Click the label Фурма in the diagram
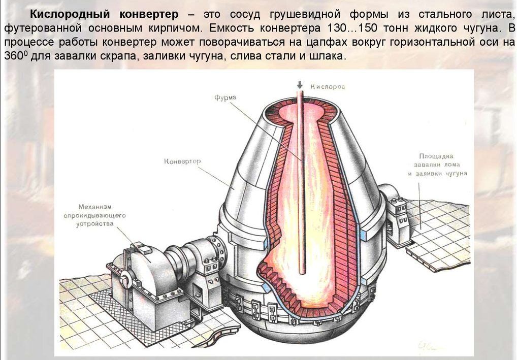(x=225, y=98)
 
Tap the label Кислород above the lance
(x=328, y=87)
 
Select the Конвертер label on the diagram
(x=182, y=161)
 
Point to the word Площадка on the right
(x=436, y=156)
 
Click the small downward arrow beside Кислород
(x=300, y=85)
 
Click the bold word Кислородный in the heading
(x=70, y=14)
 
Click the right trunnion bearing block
(x=397, y=218)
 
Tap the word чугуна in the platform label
(x=456, y=174)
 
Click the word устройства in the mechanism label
(x=95, y=224)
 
